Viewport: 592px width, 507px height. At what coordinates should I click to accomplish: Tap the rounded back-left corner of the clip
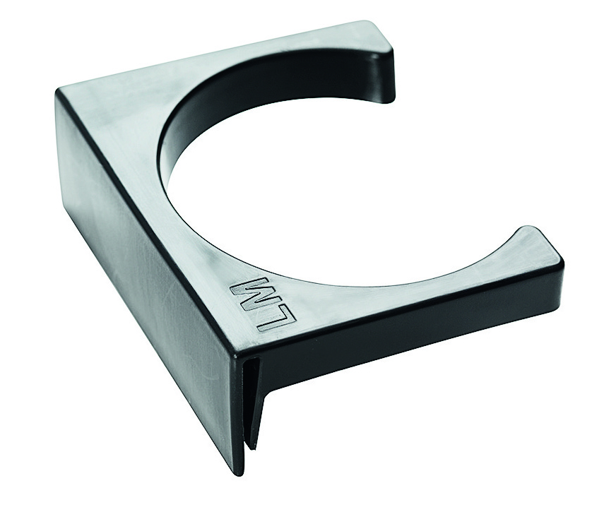61,93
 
